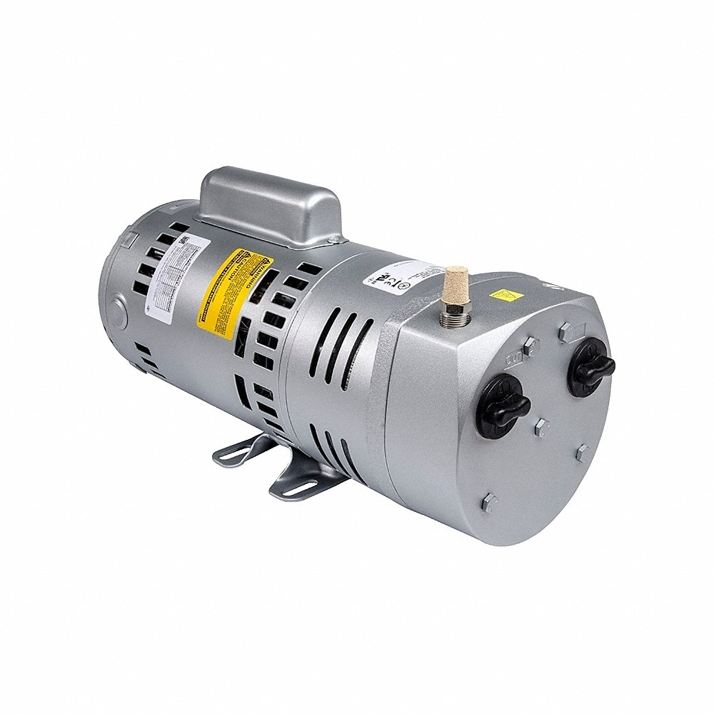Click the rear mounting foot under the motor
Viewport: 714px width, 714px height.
[238, 451]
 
